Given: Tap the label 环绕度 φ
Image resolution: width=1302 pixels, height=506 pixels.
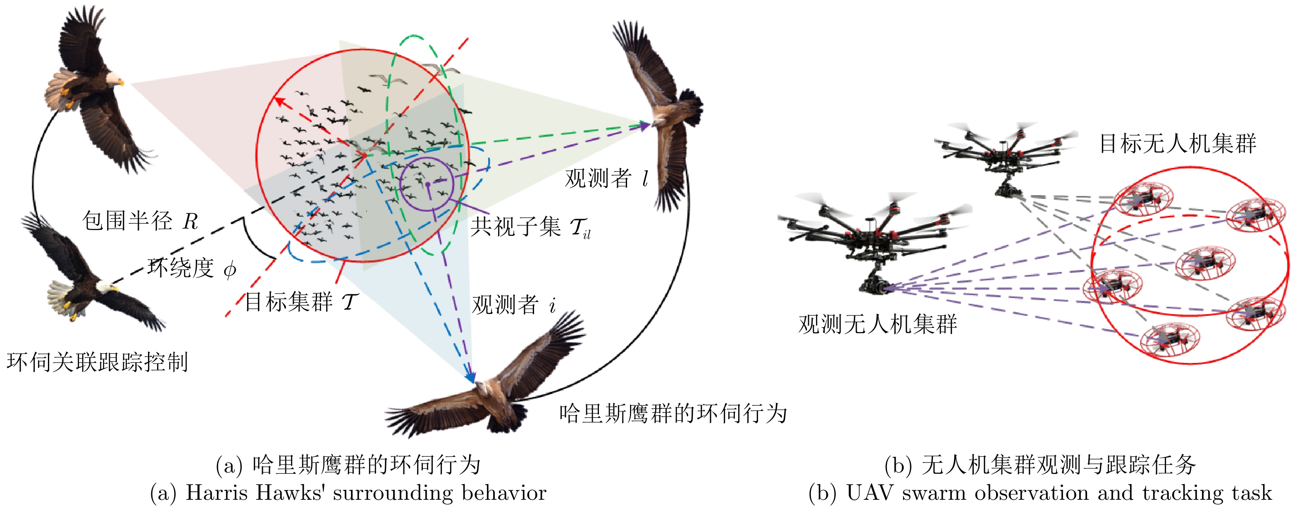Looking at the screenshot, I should click(191, 268).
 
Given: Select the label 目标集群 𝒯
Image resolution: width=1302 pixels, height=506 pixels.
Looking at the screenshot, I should click(301, 302).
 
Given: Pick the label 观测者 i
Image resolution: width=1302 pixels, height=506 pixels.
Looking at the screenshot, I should click(513, 305).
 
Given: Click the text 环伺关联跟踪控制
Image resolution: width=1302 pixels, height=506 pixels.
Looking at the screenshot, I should click(97, 363).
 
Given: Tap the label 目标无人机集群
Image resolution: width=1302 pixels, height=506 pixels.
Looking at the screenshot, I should click(1177, 143).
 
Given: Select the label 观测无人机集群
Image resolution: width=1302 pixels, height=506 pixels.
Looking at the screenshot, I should click(878, 324).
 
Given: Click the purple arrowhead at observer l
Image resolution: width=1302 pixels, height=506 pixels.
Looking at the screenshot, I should click(645, 125).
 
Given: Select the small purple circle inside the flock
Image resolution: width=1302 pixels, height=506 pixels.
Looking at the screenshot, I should click(427, 184).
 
